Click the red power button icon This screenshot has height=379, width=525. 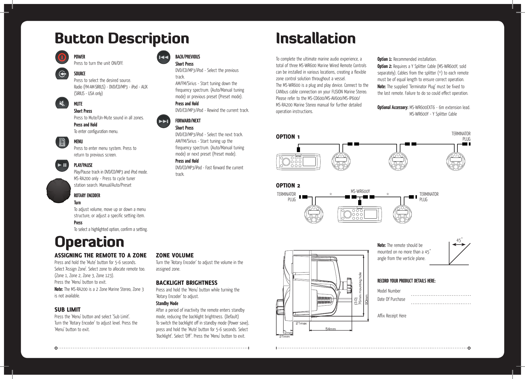(62, 57)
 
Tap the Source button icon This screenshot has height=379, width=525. (62, 74)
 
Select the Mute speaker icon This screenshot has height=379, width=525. (62, 103)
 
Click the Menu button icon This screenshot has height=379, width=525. (62, 142)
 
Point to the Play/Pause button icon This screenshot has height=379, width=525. (62, 165)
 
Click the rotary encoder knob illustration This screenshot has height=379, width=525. (58, 191)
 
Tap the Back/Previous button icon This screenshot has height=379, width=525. (163, 57)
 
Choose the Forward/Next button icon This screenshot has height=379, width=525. (163, 121)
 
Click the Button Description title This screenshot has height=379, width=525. (122, 39)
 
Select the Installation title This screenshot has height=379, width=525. (316, 39)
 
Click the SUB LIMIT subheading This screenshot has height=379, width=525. (68, 310)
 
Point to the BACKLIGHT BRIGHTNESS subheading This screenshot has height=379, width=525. (187, 283)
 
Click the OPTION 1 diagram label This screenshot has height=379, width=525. (288, 137)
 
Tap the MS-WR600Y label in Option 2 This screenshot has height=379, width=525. (360, 191)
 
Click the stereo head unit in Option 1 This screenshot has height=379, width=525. (298, 162)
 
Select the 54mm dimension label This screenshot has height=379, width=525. (331, 329)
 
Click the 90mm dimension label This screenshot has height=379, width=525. (367, 299)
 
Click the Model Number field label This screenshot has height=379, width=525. (389, 291)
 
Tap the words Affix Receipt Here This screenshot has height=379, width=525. (392, 316)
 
